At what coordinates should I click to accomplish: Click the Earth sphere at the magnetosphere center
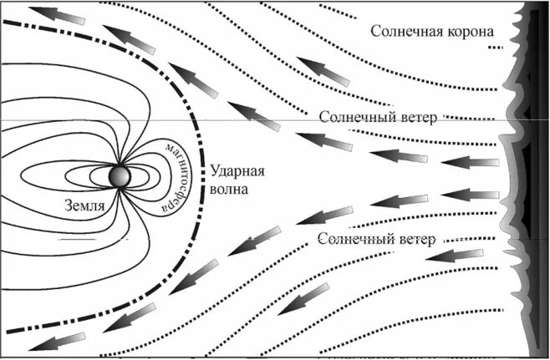coord(120,176)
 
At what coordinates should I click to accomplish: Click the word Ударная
coord(238,171)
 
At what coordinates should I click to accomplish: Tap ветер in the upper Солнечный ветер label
coord(415,117)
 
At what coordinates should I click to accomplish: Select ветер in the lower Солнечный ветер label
coord(415,240)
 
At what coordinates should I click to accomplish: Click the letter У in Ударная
coord(216,171)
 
